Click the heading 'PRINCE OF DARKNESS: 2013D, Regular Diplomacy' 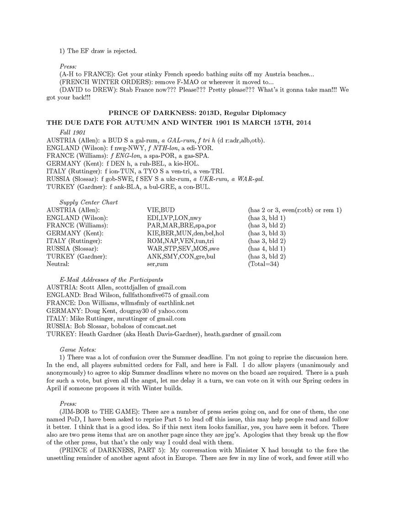click(x=197, y=112)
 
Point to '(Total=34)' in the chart click(x=264, y=264)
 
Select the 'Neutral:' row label click(x=58, y=264)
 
